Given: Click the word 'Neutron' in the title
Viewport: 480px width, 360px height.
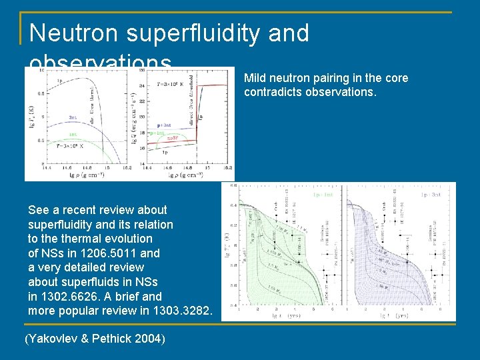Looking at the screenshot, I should (73, 33).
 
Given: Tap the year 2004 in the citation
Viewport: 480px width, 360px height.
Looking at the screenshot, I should (150, 339).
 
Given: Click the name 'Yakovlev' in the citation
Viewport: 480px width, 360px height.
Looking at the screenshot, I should (52, 339).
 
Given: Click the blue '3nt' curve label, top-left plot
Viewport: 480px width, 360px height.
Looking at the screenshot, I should (73, 117).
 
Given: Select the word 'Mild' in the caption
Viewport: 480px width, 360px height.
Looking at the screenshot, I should (255, 78).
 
